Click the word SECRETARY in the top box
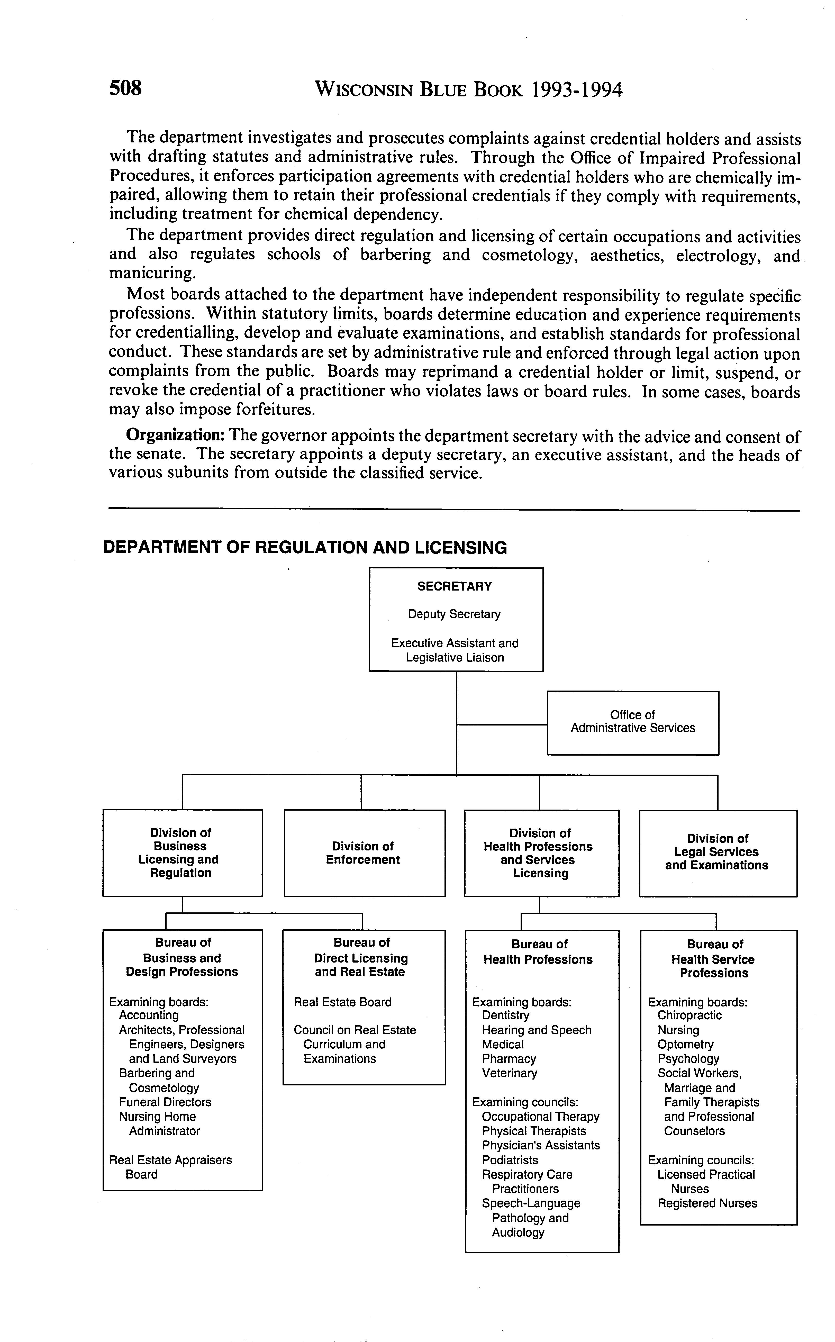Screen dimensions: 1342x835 455,586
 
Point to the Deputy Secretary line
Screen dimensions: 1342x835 455,614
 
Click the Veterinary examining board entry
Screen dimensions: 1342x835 509,1073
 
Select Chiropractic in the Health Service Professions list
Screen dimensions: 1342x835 689,1015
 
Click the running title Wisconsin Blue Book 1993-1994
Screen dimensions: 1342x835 468,89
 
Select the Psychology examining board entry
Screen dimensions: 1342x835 688,1059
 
